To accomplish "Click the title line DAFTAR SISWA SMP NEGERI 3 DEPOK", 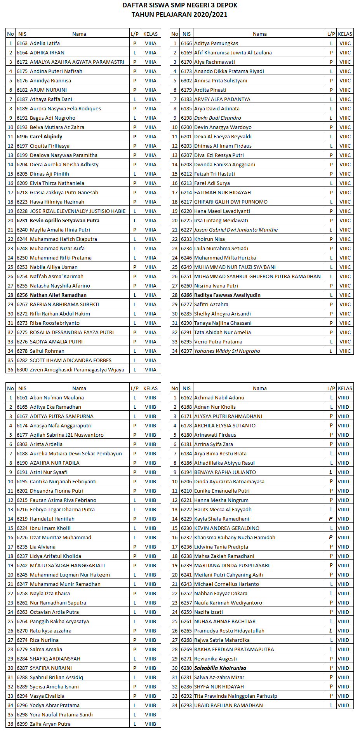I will [x=180, y=5].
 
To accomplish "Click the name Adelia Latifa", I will [x=45, y=43].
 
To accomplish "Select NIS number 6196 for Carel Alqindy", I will [x=22, y=136].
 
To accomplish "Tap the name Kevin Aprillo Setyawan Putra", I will [x=64, y=220].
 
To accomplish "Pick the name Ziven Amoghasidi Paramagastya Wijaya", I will [x=77, y=369].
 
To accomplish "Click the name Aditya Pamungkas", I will [x=216, y=43].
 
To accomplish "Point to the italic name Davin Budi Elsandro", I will [x=217, y=118].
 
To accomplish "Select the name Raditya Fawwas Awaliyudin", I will [x=227, y=295].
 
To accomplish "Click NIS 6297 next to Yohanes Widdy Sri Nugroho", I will [x=186, y=351].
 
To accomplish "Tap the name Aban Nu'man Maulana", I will [x=57, y=397].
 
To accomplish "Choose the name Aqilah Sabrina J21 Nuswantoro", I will [x=67, y=435].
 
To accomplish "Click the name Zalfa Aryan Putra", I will [x=50, y=724].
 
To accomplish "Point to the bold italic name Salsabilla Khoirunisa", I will [x=220, y=668].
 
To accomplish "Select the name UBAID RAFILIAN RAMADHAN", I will [x=228, y=705].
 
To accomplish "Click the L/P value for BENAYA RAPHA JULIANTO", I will [x=331, y=472].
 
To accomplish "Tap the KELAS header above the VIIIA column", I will [x=150, y=34].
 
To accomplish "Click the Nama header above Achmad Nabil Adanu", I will [x=259, y=388].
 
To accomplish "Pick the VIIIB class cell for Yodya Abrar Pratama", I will [x=150, y=705].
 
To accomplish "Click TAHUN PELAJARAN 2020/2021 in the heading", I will [x=179, y=14].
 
